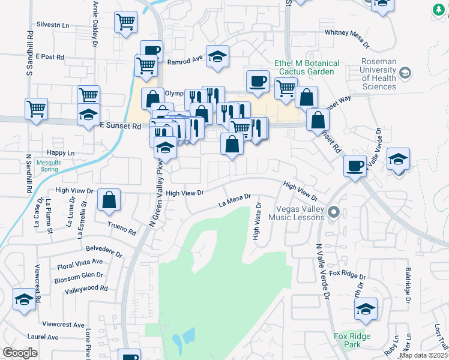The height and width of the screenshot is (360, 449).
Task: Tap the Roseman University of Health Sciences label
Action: point(379,74)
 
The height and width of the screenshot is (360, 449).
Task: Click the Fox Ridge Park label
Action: point(351,341)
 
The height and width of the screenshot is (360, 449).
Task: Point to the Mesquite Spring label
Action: point(47,165)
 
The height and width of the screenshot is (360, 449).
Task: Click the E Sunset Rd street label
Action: point(120,126)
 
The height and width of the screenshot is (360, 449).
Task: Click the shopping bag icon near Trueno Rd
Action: point(109,200)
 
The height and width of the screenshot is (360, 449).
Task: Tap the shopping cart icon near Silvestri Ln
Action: point(126,23)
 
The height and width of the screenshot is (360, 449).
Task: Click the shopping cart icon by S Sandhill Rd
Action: point(36,109)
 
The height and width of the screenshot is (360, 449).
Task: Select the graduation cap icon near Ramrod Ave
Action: point(217,55)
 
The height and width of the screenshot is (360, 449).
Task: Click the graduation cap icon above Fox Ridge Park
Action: point(366,308)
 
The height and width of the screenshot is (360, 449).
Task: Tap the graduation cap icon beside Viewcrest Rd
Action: point(24,299)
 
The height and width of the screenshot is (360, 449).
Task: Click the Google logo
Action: point(20,353)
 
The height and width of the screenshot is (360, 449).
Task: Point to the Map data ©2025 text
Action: point(423,355)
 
